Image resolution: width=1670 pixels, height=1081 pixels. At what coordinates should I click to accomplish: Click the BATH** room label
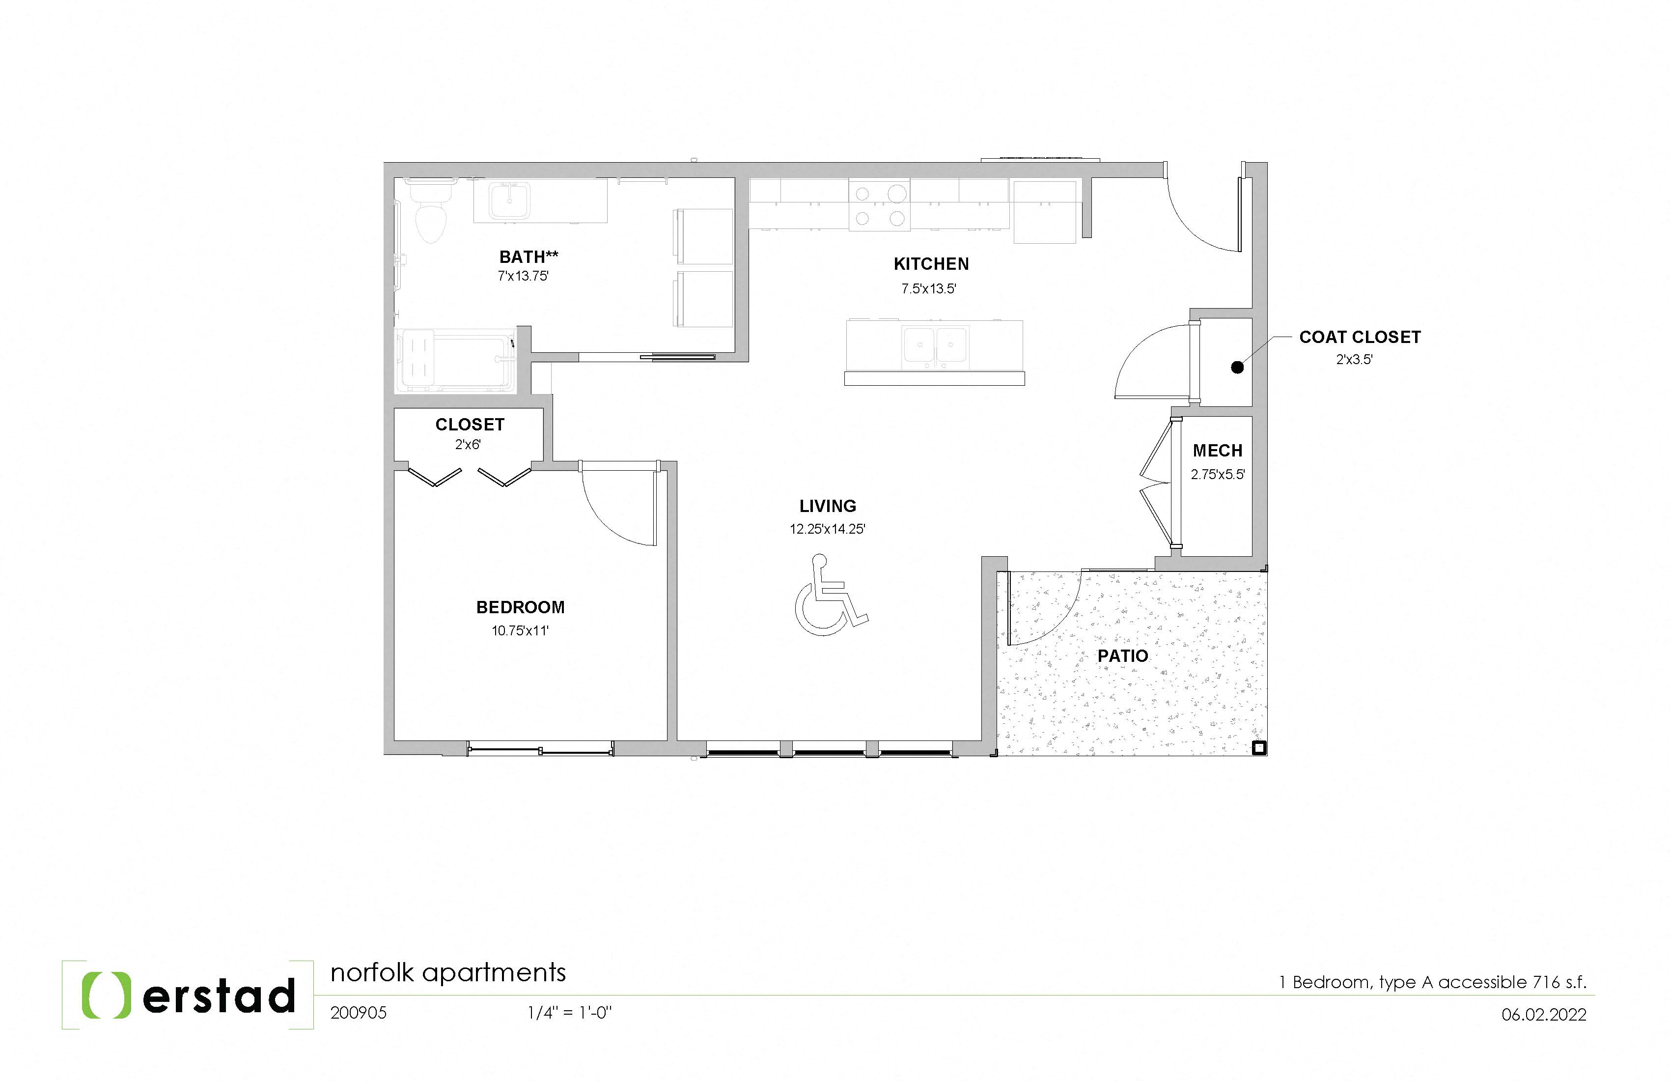tap(529, 257)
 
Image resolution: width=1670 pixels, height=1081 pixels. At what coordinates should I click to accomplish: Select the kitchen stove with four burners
tap(879, 205)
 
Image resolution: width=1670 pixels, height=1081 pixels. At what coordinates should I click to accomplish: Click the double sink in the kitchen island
tap(935, 346)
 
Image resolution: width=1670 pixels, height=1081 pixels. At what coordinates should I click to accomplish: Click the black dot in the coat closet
tap(1237, 367)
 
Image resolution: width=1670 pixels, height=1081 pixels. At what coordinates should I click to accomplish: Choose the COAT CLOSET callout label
tap(1359, 338)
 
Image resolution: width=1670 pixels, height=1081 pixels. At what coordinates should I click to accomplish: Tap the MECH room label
tap(1218, 451)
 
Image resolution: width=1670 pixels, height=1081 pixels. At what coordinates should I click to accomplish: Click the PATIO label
tap(1123, 656)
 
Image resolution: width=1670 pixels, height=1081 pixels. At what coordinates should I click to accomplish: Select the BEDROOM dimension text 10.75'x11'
tap(520, 631)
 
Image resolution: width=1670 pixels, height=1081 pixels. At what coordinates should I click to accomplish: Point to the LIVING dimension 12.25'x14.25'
tap(827, 529)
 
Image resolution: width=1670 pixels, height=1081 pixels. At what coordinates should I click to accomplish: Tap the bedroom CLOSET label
tap(470, 425)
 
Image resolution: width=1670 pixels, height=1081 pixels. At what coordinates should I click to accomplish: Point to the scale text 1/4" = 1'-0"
tap(570, 1013)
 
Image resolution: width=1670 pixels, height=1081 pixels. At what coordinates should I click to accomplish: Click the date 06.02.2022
tap(1544, 1014)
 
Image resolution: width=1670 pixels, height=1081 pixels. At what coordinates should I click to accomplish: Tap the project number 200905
tap(358, 1013)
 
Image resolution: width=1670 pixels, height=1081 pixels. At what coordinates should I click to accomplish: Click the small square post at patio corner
tap(1259, 748)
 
